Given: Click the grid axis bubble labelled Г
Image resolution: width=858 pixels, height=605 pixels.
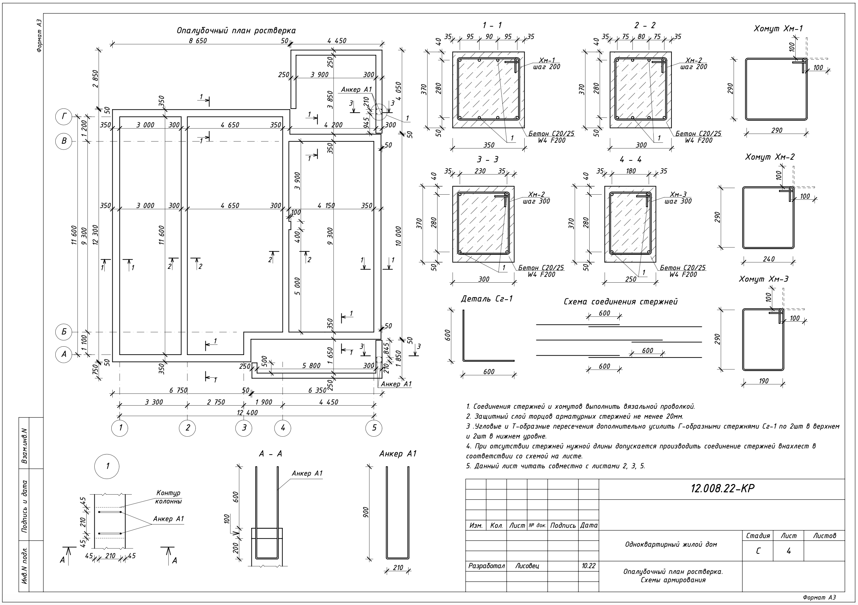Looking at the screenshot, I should point(64,117).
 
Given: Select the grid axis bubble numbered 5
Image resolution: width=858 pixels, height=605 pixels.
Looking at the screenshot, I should point(374,428).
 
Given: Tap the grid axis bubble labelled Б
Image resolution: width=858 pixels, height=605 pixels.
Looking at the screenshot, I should point(64,332).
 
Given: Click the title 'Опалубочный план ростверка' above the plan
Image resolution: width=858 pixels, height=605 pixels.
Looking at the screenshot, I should point(236,31).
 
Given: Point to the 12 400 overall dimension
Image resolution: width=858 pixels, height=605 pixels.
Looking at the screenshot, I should point(247,413).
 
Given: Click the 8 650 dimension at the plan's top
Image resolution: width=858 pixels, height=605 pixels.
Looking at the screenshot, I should point(198,41).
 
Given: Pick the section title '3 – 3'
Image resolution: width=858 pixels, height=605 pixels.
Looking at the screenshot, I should point(487,160).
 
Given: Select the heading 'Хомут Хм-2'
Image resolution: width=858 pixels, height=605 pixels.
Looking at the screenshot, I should point(769,157).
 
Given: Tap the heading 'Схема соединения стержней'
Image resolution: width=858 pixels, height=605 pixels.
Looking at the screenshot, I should point(620,302).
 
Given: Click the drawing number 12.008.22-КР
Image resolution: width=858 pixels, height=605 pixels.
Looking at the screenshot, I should point(722,488).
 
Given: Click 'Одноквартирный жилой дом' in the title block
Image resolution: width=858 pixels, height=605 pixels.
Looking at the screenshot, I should point(671,544).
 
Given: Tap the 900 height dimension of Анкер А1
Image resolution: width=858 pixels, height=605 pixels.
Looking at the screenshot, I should point(366,512).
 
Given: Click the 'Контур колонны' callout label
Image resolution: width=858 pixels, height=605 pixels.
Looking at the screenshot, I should point(168,497).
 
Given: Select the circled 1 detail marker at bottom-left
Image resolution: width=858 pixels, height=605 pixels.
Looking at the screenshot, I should point(107,466).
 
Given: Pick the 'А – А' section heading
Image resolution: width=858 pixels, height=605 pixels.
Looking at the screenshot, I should point(271,454).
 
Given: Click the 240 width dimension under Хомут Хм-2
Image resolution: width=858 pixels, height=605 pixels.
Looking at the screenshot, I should point(768,259).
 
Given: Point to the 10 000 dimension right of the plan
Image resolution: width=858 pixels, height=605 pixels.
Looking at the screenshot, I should point(398,236).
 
